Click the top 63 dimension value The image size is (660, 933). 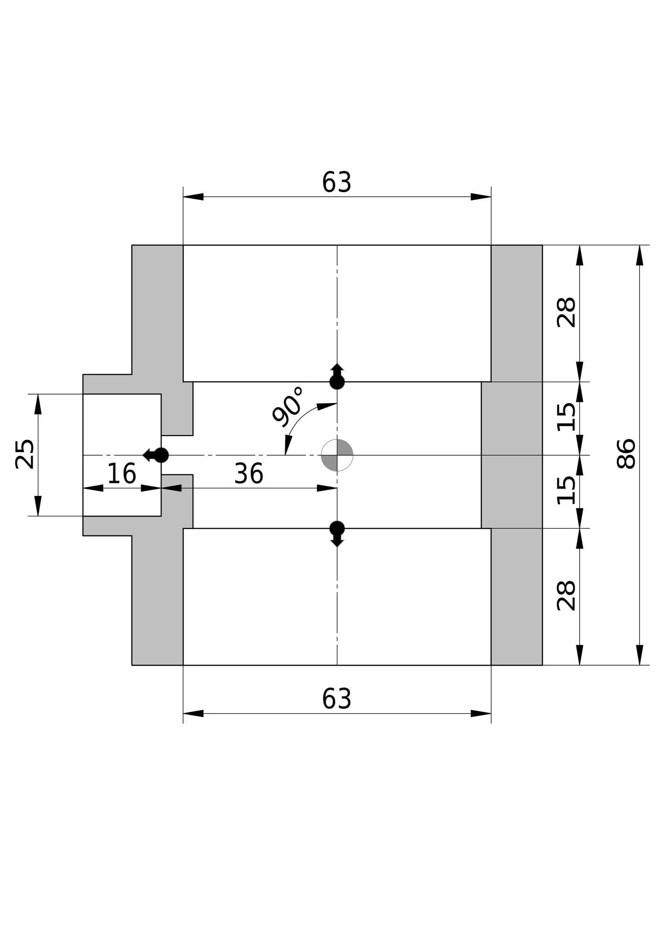tap(337, 182)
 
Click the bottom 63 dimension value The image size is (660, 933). tap(337, 699)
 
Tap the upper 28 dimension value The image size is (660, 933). tap(567, 313)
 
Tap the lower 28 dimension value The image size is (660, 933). tap(567, 596)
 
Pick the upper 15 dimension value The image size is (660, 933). tap(567, 417)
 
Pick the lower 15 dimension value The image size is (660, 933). tap(567, 490)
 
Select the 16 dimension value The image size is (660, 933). tap(121, 474)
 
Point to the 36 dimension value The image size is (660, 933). tap(248, 474)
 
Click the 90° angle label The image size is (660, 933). tap(288, 406)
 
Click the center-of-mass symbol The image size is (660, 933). tap(337, 455)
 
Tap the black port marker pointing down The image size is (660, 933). tap(337, 533)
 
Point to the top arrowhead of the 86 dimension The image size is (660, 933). tap(639, 256)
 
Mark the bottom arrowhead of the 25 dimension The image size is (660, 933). tap(38, 506)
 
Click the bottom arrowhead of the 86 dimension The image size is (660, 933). tap(639, 655)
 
